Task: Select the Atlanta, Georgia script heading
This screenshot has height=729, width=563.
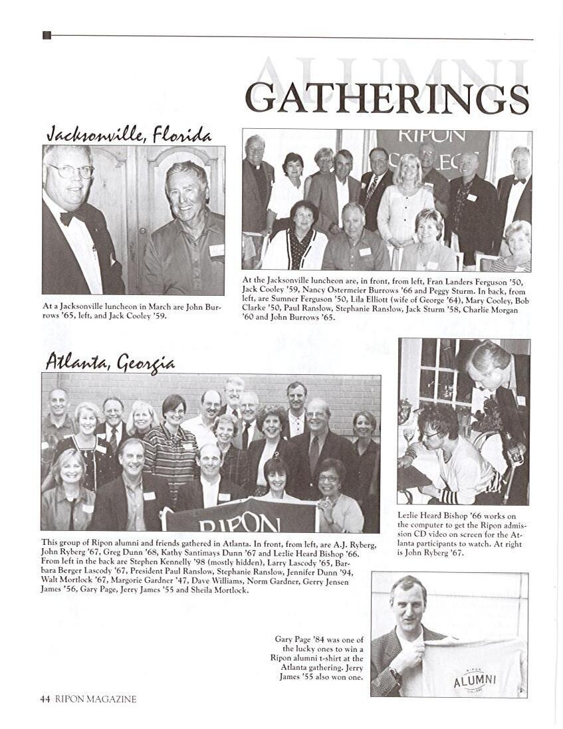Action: click(x=110, y=362)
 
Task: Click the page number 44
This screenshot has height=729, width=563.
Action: click(x=45, y=698)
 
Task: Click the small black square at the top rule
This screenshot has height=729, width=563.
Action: click(x=47, y=35)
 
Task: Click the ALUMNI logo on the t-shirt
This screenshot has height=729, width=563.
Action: click(x=475, y=678)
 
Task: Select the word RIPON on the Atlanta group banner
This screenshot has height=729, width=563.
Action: click(x=230, y=524)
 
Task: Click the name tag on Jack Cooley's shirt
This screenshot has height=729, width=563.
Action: click(x=217, y=250)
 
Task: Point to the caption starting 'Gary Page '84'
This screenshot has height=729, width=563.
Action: click(x=318, y=658)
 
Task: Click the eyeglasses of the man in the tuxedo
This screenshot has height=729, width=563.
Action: click(x=71, y=171)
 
